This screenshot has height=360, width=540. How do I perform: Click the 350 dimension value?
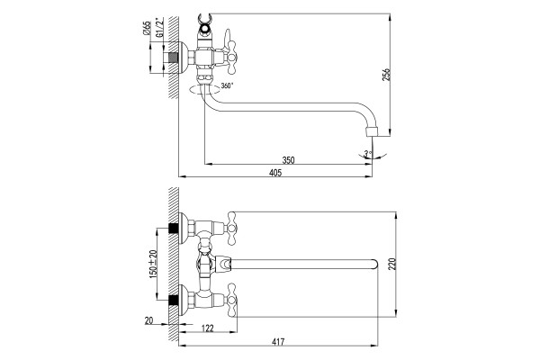click(x=288, y=160)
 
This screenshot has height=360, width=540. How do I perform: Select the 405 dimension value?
click(x=275, y=173)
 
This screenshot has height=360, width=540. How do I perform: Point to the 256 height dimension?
click(x=387, y=75)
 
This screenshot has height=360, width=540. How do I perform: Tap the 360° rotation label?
click(x=228, y=85)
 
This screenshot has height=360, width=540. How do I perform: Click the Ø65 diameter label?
click(x=147, y=28)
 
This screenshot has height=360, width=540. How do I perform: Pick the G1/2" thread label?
click(x=159, y=27)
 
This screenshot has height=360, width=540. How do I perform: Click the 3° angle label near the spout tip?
click(x=368, y=153)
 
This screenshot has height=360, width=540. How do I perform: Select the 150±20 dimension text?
click(x=154, y=264)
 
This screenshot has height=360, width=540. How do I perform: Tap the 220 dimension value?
click(x=393, y=264)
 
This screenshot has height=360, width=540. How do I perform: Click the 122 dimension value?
click(x=207, y=328)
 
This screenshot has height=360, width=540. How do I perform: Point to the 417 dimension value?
click(x=278, y=342)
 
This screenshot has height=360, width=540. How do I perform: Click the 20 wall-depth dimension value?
click(x=148, y=320)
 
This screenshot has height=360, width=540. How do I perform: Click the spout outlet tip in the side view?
click(x=372, y=132)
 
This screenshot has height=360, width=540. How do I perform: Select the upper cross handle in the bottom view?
click(x=232, y=228)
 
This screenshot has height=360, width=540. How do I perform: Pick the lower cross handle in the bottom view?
click(x=232, y=301)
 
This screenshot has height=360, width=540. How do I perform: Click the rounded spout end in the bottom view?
click(x=374, y=264)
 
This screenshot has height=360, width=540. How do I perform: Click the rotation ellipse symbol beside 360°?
click(x=204, y=90)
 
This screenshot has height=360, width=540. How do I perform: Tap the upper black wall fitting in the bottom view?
click(x=173, y=229)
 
